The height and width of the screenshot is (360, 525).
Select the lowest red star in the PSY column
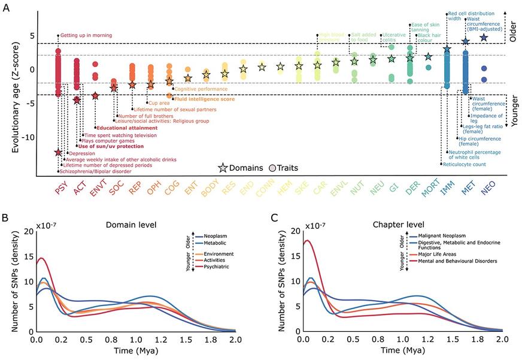click(58, 153)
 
